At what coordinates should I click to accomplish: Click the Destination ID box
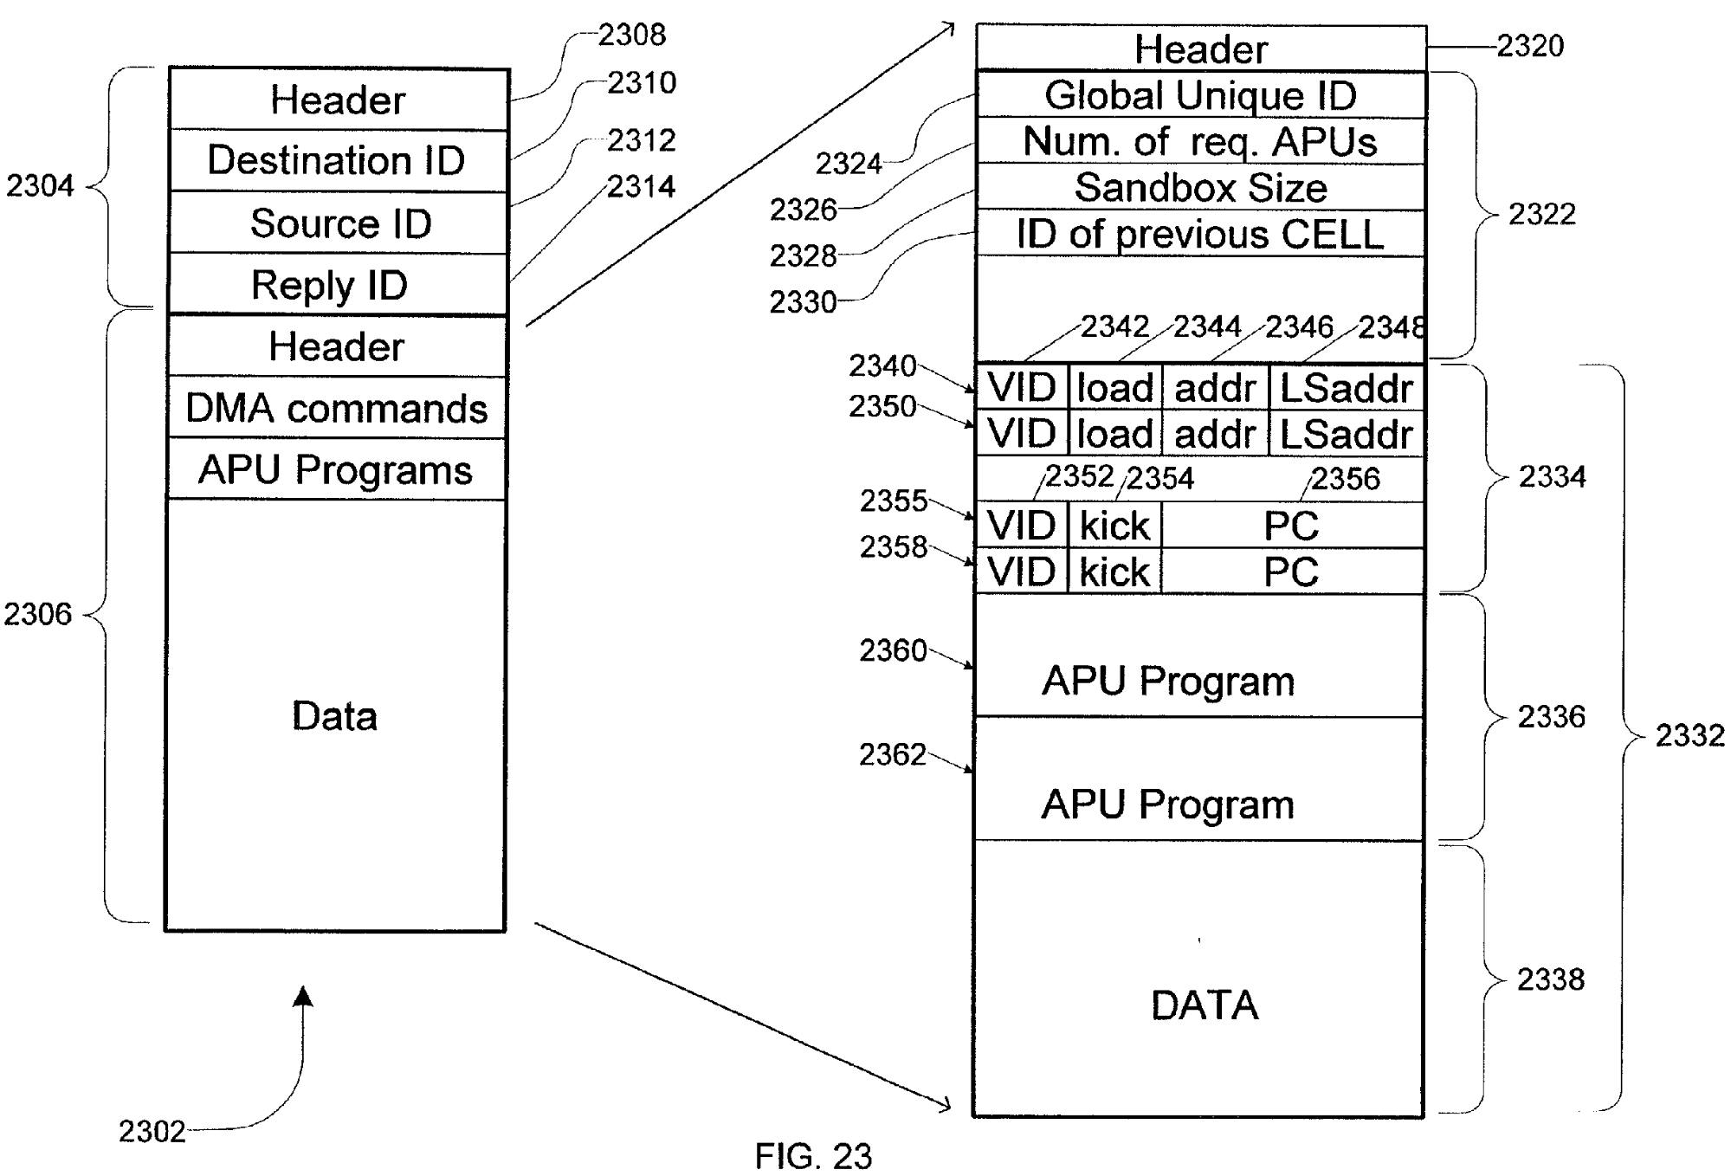337,161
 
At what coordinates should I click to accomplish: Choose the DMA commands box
337,408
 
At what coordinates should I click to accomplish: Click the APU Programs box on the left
336,470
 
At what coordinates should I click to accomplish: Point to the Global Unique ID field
1200,95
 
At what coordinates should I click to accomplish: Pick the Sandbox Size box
1200,188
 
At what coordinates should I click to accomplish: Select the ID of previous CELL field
1200,234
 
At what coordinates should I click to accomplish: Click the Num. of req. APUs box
1200,142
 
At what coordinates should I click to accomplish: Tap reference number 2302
152,1131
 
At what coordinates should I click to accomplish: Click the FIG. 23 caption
813,1156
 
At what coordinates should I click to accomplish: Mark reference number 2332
1689,735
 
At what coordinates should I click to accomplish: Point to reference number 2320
1530,46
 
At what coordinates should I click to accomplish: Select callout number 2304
40,185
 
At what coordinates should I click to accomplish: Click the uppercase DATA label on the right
1204,1005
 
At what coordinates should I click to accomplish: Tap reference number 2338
1550,979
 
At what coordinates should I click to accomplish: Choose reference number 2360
893,650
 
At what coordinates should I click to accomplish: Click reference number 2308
632,36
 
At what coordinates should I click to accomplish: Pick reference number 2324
849,163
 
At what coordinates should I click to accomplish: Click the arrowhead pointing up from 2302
302,998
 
